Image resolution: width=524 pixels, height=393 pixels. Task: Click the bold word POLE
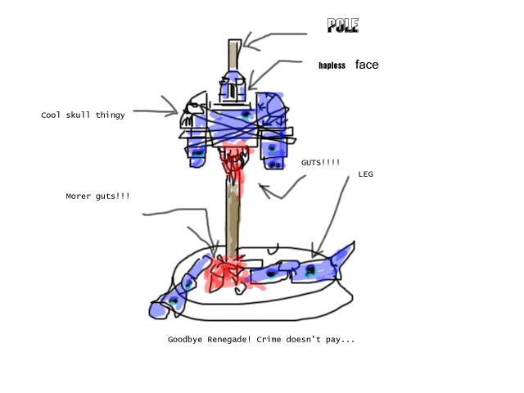pos(342,26)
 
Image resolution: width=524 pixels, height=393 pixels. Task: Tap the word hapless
pos(332,65)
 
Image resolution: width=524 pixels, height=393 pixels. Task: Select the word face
pos(367,65)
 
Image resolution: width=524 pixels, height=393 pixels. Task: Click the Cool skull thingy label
pos(83,115)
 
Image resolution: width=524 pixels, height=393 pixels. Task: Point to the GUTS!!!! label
pos(320,163)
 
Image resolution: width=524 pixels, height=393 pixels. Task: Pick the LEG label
pos(365,174)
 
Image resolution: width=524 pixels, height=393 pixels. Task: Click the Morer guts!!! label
pos(97,196)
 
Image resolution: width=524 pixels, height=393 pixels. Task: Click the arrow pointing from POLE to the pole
pos(274,36)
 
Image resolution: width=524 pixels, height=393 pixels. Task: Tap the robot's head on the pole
pos(234,85)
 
